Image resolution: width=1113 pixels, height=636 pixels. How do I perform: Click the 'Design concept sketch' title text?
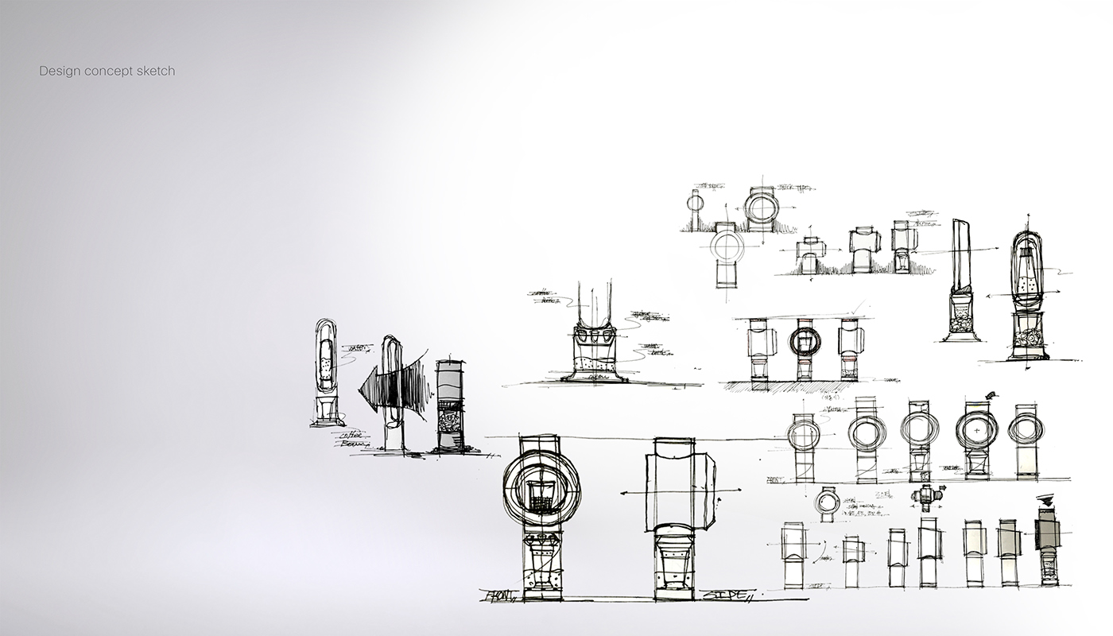[x=107, y=72]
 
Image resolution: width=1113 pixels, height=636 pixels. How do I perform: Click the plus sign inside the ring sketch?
[x=977, y=429]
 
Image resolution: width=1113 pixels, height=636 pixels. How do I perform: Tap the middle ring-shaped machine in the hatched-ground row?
[x=805, y=342]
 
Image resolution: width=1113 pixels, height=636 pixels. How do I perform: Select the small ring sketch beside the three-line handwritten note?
[x=827, y=502]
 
